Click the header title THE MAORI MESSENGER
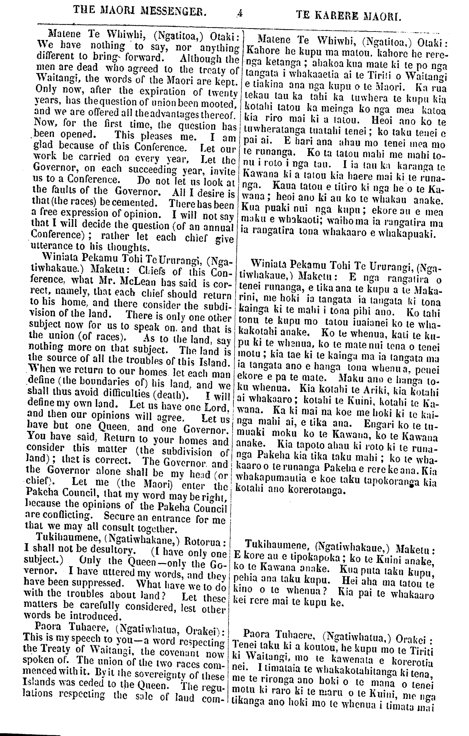[140, 9]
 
